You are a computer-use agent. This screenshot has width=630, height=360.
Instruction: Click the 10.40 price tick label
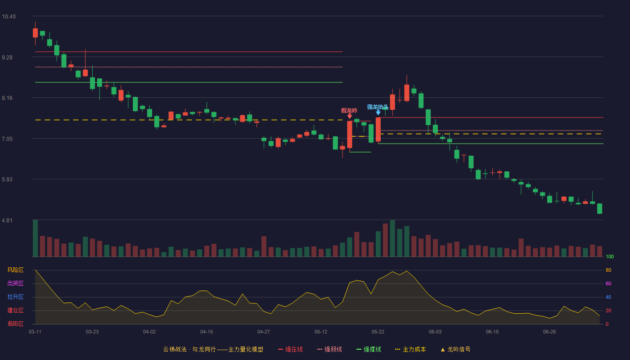tap(9, 17)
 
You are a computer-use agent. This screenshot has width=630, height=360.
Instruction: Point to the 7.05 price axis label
tap(7, 139)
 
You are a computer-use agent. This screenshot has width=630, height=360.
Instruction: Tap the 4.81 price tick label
tap(7, 220)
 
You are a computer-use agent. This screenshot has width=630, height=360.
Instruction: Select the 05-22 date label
tap(378, 332)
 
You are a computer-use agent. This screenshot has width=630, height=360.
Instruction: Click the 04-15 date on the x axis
tap(207, 332)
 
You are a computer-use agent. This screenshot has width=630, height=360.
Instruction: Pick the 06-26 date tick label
tap(549, 332)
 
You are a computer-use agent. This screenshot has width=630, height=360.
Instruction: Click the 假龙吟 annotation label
tap(349, 111)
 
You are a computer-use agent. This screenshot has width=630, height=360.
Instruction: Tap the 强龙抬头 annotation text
tap(378, 107)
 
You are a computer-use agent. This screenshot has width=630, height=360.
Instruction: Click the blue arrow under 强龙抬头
tap(378, 112)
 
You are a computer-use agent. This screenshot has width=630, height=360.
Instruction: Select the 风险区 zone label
tap(15, 270)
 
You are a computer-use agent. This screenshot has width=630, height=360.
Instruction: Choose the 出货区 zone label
tap(15, 283)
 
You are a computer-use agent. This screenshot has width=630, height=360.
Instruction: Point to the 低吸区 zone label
tap(15, 324)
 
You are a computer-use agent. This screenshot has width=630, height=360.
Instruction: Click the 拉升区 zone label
tap(15, 297)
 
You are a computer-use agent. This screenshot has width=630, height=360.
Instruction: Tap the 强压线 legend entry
tap(290, 349)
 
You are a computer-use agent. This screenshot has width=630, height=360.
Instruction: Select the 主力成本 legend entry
tap(410, 349)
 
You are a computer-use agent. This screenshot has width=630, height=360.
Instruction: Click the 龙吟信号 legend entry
tap(455, 349)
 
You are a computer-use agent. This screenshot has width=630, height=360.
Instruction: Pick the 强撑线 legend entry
tap(369, 349)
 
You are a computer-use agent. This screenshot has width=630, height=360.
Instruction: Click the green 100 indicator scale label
tap(610, 256)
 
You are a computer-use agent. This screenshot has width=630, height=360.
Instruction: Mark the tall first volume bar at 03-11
tap(35, 238)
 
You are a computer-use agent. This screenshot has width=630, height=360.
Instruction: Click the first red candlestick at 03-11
tap(35, 33)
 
